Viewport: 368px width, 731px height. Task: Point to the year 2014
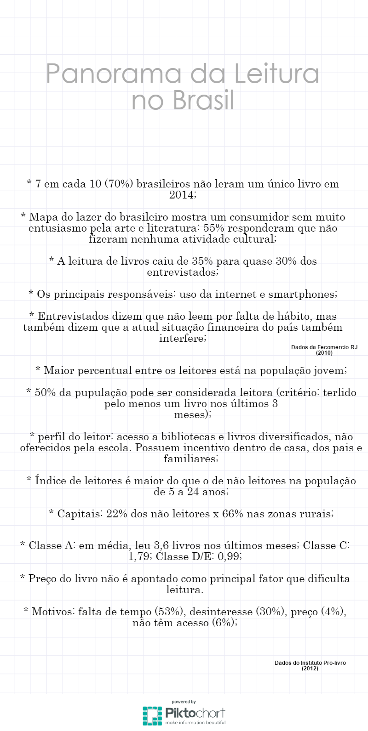[x=183, y=195]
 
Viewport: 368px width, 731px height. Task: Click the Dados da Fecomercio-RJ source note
[x=324, y=347]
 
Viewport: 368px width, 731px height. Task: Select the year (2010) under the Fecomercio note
[x=324, y=353]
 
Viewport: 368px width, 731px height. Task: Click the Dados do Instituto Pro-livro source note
[x=310, y=663]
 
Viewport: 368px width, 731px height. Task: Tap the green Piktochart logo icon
[x=152, y=715]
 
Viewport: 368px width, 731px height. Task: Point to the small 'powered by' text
[x=184, y=702]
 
